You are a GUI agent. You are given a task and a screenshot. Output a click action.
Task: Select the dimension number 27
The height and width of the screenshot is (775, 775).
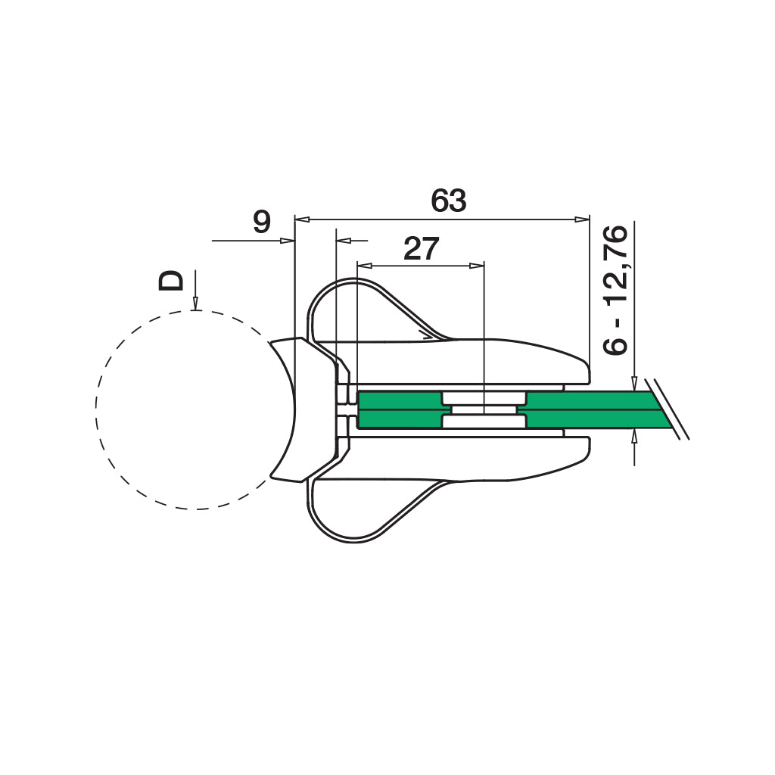tap(422, 248)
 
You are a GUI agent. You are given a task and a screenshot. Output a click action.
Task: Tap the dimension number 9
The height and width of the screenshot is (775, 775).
tap(261, 223)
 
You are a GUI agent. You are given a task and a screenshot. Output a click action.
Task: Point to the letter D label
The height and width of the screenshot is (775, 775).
tap(171, 280)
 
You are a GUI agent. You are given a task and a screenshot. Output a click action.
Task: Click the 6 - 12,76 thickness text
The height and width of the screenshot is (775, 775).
tap(616, 291)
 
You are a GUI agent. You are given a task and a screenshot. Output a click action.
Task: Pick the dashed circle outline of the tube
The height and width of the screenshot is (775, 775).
tap(97, 409)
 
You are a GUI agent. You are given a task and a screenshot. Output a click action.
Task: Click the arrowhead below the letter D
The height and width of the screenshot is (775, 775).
tap(195, 304)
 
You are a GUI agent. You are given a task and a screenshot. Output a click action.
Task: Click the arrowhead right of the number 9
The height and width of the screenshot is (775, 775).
tap(287, 241)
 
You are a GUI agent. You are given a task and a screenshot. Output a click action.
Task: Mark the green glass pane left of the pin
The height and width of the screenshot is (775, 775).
tap(397, 409)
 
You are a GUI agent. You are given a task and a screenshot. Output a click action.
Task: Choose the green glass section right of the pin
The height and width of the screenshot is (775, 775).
tap(583, 409)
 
